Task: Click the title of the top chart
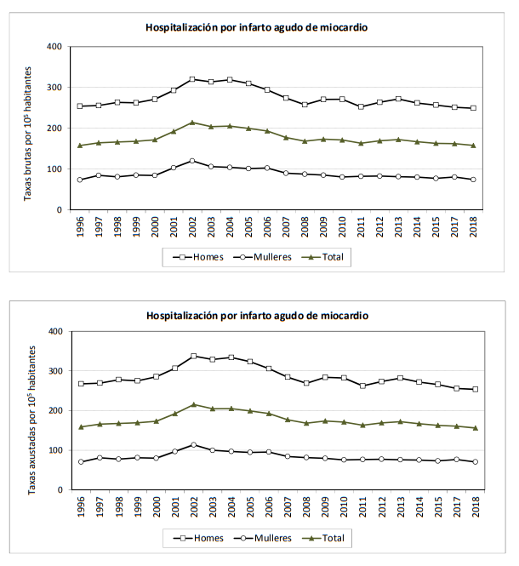(257, 27)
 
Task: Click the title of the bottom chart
(257, 315)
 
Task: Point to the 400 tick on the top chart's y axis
(54, 46)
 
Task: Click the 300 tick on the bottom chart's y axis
(54, 371)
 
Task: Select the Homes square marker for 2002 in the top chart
(192, 79)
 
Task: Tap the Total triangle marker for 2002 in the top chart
(192, 123)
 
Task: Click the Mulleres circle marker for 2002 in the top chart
(192, 161)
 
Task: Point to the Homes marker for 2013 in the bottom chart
(399, 378)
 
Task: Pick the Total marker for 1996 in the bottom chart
(81, 426)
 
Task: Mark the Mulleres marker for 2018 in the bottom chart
(474, 462)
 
